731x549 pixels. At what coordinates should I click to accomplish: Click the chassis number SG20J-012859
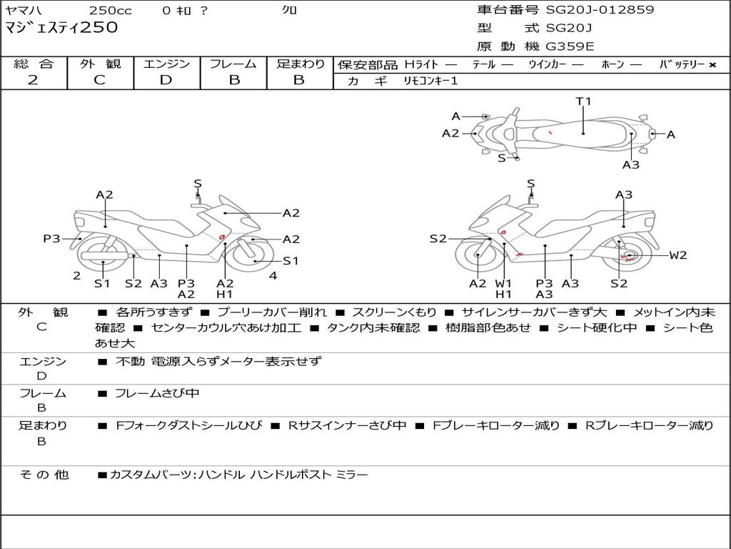click(x=600, y=10)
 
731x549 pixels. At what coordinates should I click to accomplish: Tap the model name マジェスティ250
click(x=61, y=29)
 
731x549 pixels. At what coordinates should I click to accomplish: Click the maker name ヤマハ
click(x=24, y=10)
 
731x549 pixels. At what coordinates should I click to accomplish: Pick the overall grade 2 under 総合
click(x=33, y=80)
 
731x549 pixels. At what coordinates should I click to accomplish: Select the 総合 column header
click(x=33, y=64)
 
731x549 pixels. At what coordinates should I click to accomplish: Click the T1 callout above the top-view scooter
click(x=584, y=102)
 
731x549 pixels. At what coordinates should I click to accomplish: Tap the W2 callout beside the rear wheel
click(x=677, y=255)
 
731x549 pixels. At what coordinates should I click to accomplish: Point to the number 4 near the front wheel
click(x=273, y=276)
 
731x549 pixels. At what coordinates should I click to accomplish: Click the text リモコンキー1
click(x=430, y=81)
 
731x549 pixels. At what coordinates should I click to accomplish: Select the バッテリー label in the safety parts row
click(x=682, y=65)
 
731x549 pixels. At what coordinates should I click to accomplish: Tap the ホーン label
click(x=612, y=65)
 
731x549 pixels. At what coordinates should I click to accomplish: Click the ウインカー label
click(x=547, y=65)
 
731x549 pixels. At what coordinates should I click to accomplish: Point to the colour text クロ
click(x=290, y=10)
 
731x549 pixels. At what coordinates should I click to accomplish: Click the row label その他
click(x=43, y=475)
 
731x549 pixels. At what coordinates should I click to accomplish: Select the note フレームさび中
click(x=157, y=393)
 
